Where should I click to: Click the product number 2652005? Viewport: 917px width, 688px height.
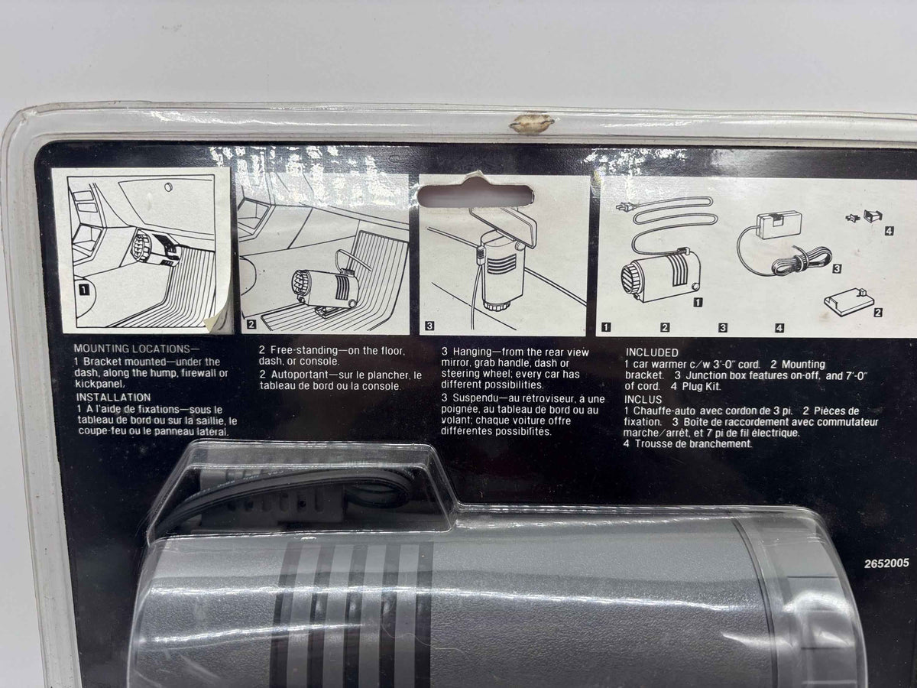[886, 563]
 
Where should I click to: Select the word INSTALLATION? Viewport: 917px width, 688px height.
[113, 398]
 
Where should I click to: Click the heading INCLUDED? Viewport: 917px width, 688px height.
[652, 352]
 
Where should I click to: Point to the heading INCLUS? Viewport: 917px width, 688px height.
[643, 399]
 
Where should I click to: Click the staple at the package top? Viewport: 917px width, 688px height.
[531, 123]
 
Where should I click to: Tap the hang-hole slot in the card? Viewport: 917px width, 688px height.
[476, 196]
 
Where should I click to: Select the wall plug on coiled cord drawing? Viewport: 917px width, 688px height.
[625, 206]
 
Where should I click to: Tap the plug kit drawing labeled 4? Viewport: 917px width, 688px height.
[866, 217]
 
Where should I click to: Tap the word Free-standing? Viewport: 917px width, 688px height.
[304, 350]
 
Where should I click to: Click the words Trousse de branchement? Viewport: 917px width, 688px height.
[693, 443]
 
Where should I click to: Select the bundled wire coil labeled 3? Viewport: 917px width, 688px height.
[800, 262]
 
